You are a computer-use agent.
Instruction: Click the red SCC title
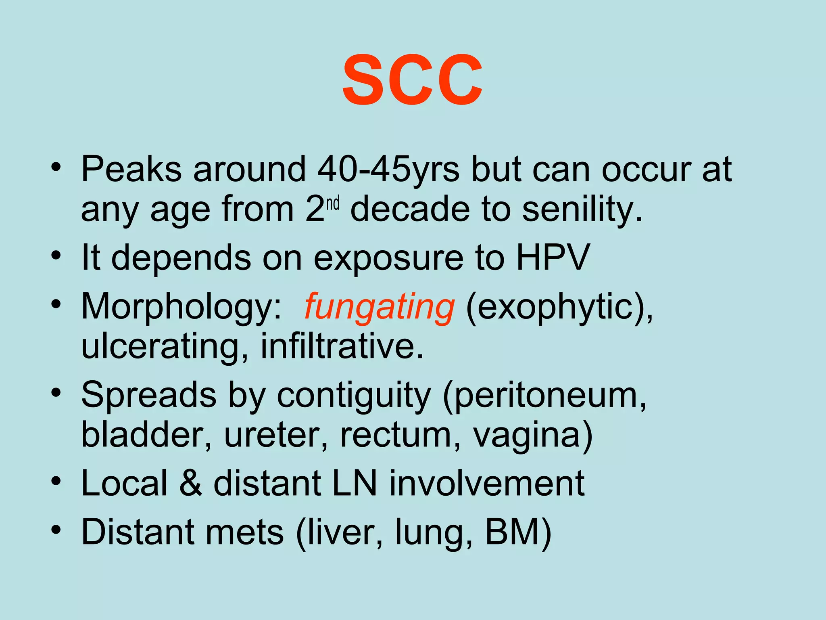412,80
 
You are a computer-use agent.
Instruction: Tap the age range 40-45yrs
388,169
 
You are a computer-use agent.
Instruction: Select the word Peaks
131,169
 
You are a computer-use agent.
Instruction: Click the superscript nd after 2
333,204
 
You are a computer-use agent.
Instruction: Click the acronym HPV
553,257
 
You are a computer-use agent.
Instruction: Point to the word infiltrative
342,346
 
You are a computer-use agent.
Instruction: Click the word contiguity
354,396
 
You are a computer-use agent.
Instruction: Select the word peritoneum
544,396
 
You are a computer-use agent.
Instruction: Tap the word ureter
276,435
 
